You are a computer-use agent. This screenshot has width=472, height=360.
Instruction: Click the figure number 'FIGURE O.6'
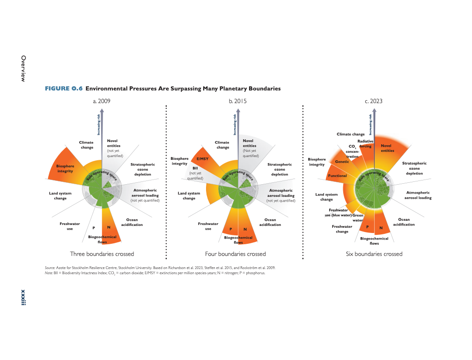pos(64,89)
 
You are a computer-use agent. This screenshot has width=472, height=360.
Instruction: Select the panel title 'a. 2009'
pos(102,101)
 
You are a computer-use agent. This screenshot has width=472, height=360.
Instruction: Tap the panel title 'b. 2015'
pos(237,101)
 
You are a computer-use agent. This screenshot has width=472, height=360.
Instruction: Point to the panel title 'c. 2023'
pos(374,101)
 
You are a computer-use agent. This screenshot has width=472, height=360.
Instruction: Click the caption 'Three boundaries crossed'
pos(102,254)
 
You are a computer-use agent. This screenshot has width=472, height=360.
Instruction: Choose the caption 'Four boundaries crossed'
pos(236,254)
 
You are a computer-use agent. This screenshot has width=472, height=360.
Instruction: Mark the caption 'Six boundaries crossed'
pos(374,254)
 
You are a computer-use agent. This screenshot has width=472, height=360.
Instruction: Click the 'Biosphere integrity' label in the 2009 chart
pos(65,168)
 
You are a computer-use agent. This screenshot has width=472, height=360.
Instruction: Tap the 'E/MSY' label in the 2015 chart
pos(202,159)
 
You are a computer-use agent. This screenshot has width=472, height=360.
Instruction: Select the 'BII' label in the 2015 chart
pos(195,168)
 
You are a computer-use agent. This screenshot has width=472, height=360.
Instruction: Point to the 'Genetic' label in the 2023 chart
pos(342,161)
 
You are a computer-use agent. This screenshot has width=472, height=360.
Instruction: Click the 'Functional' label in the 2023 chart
pos(338,176)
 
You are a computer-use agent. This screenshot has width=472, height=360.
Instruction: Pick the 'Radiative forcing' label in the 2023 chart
pos(365,144)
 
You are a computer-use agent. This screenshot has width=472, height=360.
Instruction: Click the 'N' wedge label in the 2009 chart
pos(109,227)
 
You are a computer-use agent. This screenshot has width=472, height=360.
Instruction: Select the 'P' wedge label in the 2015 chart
pos(230,229)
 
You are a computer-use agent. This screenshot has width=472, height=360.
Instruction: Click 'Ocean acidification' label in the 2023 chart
pos(404,222)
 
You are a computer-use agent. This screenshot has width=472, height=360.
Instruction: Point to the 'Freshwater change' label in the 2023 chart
pos(342,229)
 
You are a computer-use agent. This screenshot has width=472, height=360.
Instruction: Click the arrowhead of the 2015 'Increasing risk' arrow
pos(238,111)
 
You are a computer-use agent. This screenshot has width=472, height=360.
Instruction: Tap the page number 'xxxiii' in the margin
pos(23,298)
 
